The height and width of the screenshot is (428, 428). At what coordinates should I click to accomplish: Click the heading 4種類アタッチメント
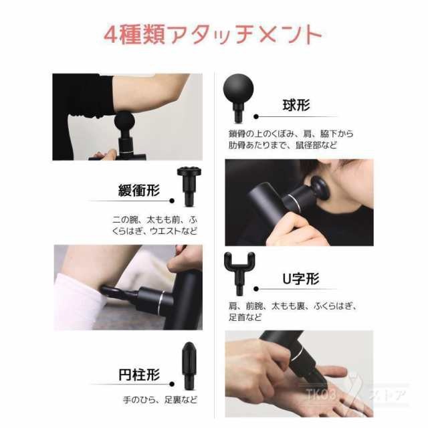pyautogui.click(x=213, y=34)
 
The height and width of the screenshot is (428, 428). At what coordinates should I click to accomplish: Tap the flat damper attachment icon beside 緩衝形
pyautogui.click(x=189, y=185)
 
